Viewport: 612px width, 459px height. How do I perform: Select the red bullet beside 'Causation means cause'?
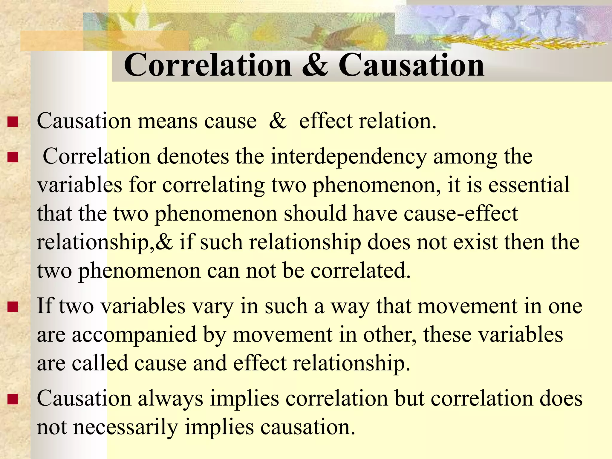point(13,122)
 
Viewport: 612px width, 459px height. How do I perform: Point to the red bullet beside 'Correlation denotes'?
point(13,157)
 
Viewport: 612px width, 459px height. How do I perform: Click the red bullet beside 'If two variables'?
point(13,307)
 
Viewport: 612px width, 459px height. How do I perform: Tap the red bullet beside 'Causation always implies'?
point(13,399)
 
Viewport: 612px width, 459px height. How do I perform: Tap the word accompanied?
point(134,335)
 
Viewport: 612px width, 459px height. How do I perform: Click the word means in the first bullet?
point(167,122)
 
